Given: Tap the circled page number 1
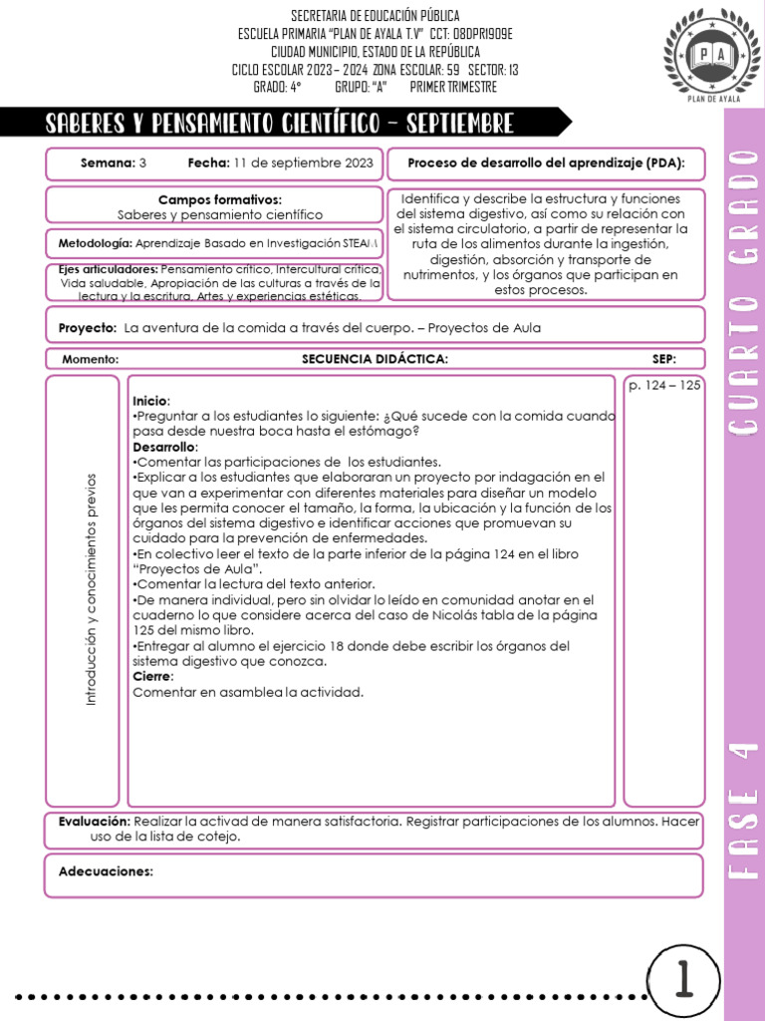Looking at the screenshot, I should pyautogui.click(x=684, y=981).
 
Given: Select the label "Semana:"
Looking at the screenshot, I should pyautogui.click(x=108, y=163).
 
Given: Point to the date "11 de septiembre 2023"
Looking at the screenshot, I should pyautogui.click(x=304, y=163).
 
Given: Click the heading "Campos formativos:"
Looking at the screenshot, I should pyautogui.click(x=220, y=199).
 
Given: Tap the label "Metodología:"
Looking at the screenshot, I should pyautogui.click(x=95, y=243).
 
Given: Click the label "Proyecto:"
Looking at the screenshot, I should pyautogui.click(x=88, y=327).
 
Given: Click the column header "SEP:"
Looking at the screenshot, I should pyautogui.click(x=664, y=359).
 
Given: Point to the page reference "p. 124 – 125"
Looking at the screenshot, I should pyautogui.click(x=664, y=385).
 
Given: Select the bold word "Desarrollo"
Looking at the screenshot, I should pyautogui.click(x=164, y=447).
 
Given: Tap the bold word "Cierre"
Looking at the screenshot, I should pyautogui.click(x=152, y=676).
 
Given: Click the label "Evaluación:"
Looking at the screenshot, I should pyautogui.click(x=95, y=822).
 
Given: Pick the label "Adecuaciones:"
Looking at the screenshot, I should pyautogui.click(x=106, y=871).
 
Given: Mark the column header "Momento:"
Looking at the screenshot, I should pyautogui.click(x=91, y=359).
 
